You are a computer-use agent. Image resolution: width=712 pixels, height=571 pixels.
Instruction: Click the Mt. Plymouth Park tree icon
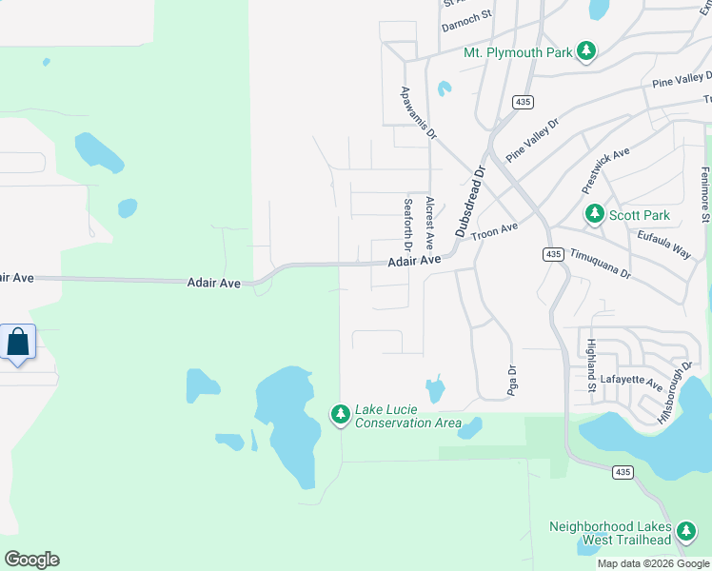(587, 51)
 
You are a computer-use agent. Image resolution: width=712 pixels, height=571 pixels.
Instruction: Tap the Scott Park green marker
(595, 214)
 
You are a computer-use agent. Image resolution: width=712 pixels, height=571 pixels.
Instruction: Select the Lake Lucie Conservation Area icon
(340, 415)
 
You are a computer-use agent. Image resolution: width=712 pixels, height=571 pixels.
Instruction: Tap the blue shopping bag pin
(18, 343)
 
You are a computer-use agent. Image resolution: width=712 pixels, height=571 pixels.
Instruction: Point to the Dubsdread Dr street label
(470, 201)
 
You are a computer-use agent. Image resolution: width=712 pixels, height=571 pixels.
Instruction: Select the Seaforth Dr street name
(408, 225)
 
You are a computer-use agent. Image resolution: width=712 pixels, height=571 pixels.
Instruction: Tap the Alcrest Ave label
(430, 223)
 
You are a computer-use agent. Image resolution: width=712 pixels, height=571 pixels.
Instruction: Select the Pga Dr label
(511, 381)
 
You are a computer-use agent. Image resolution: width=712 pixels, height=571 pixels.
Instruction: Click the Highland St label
(591, 365)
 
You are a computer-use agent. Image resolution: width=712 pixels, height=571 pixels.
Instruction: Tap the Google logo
(31, 560)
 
